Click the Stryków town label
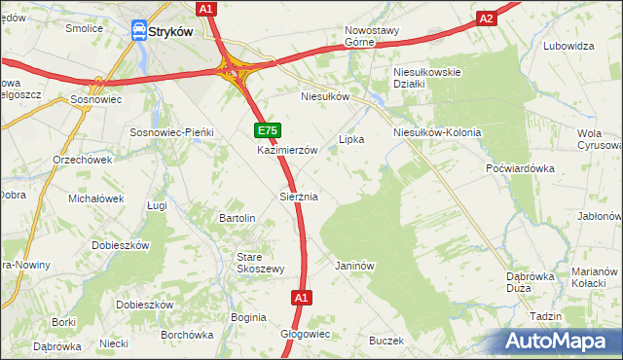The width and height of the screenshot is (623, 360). pos(171,31)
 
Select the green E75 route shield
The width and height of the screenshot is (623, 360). pos(269,130)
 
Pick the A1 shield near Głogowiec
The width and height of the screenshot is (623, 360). pos(301,298)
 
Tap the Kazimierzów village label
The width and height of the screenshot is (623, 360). pos(287,151)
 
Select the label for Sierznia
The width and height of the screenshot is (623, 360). pos(299,197)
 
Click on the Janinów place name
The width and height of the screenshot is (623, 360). pos(354,266)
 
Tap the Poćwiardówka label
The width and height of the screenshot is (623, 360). pos(520,168)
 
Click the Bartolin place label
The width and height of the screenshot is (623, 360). pos(238,218)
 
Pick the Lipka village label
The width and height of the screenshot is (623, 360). pos(350,139)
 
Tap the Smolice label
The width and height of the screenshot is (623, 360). pos(85,28)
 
